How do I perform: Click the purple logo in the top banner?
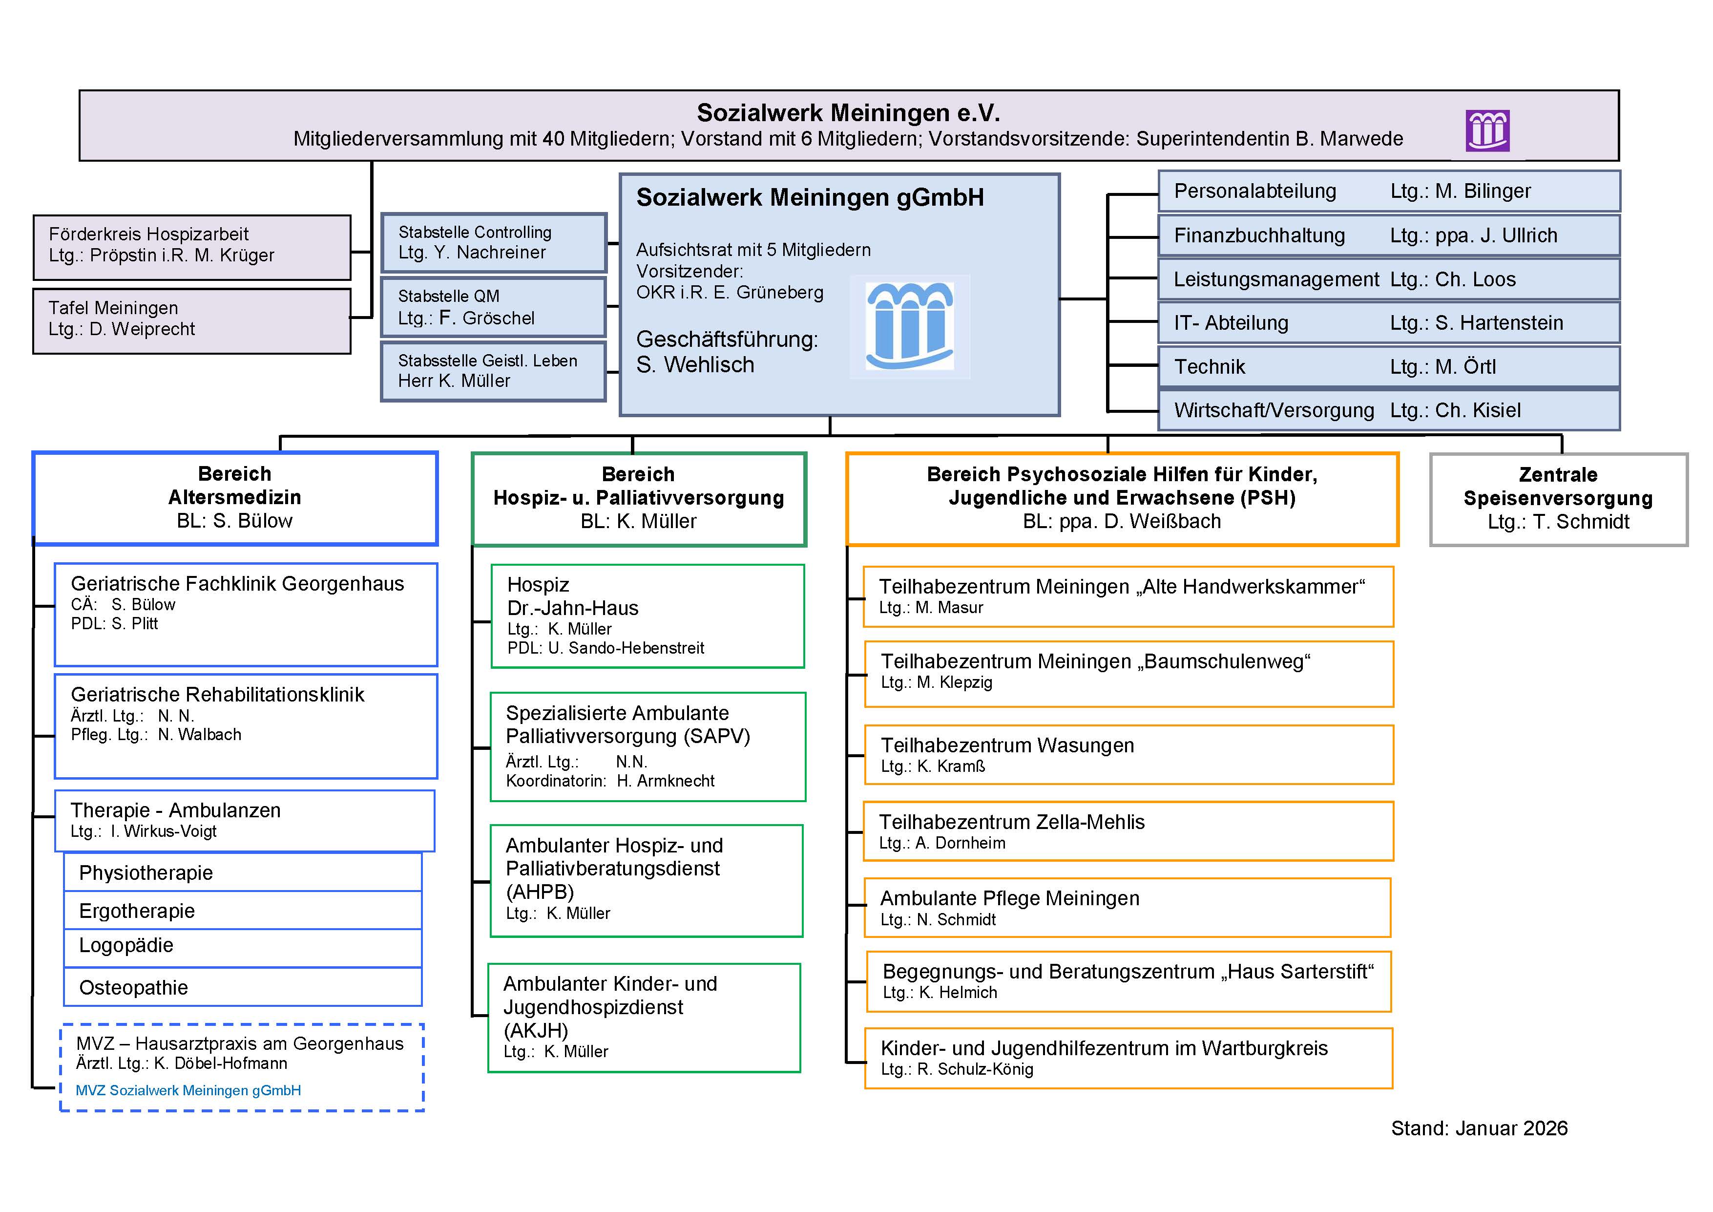click(x=1488, y=130)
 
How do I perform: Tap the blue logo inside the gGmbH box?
click(x=909, y=327)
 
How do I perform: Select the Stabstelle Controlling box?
click(x=493, y=243)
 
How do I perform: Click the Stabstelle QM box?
click(x=493, y=307)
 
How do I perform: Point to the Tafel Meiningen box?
click(x=192, y=321)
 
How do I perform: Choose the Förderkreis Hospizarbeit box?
click(x=192, y=247)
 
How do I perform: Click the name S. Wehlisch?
click(x=695, y=365)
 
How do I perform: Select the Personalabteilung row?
click(x=1388, y=191)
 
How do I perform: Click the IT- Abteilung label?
click(x=1231, y=323)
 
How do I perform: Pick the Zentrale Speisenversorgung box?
click(x=1559, y=499)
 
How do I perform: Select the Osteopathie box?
click(x=243, y=987)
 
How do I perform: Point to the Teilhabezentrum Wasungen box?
click(x=1128, y=755)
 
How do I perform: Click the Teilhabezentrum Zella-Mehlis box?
click(x=1128, y=831)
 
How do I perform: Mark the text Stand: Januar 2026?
click(x=1479, y=1128)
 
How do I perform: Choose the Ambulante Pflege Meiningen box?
click(x=1127, y=908)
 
